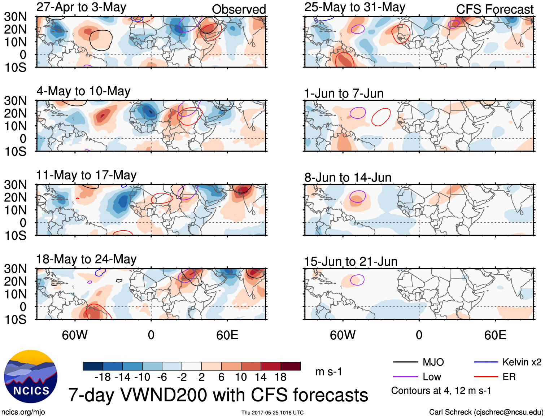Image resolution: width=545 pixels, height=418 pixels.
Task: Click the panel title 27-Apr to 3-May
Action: coord(81,7)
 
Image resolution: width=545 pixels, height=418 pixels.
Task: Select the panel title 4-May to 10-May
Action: coord(83,91)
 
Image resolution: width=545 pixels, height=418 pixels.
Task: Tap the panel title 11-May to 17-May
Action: coord(86,175)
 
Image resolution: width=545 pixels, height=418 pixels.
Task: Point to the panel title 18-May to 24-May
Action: coord(86,260)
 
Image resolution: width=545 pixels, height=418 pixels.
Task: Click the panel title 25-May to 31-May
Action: coord(354,7)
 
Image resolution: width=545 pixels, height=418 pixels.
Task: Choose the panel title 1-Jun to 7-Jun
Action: coord(344,93)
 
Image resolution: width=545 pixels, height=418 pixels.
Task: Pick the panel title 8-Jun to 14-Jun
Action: coord(348,178)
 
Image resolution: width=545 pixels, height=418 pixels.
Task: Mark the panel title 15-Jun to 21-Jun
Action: coord(350,262)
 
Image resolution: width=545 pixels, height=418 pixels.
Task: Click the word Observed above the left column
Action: coord(239,9)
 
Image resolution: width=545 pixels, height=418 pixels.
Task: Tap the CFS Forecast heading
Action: coord(494,9)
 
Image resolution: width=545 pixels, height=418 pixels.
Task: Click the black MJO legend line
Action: coord(405,362)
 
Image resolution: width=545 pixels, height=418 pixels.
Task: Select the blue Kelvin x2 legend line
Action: coord(486,362)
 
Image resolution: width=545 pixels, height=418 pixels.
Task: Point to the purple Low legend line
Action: coord(405,377)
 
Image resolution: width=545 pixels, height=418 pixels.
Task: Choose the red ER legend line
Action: coord(486,377)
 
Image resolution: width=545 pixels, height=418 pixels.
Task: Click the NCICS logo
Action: coord(31,376)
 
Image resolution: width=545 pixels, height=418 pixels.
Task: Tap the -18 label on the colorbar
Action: coord(103,377)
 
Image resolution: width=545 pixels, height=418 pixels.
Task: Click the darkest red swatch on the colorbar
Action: coord(291,366)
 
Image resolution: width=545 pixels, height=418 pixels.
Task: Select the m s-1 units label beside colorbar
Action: coord(328,372)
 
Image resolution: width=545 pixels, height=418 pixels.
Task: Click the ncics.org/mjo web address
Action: coord(23,412)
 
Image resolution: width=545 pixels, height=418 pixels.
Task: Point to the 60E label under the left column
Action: coord(227,335)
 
